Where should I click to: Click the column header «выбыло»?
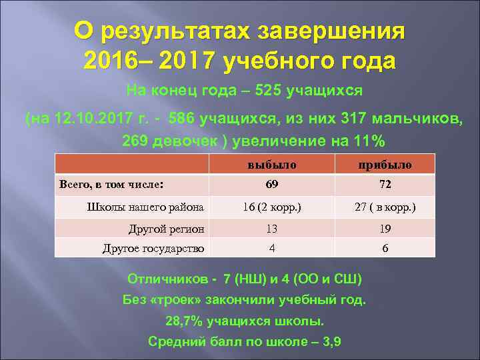click(271, 164)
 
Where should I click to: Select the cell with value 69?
click(271, 185)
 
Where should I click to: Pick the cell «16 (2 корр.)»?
click(271, 207)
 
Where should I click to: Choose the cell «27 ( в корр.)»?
click(385, 207)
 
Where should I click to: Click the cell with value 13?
click(271, 229)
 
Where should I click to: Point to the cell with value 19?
click(385, 229)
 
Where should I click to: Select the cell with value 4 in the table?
click(271, 249)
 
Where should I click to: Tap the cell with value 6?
click(385, 249)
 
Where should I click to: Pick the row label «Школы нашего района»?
click(145, 207)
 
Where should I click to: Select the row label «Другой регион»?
click(166, 229)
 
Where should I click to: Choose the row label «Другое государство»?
click(153, 249)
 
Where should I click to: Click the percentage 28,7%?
click(184, 322)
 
